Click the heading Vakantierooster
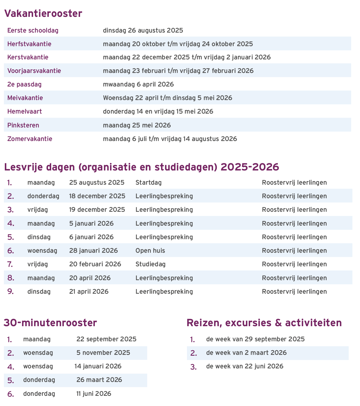43,14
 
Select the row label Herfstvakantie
29,44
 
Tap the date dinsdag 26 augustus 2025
143,30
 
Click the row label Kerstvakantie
28,57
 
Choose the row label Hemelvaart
24,111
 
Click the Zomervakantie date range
170,139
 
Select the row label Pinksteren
23,125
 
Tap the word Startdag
148,183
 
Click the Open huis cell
150,251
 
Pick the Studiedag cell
151,264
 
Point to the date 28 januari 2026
93,251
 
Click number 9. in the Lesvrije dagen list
11,292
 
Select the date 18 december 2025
97,196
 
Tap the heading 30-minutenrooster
50,323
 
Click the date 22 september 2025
106,339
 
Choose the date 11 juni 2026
94,394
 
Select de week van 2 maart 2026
246,353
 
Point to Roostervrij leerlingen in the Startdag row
294,183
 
